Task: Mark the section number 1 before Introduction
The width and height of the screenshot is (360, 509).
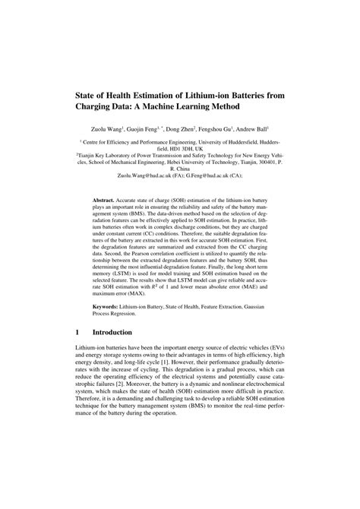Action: coord(79,353)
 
